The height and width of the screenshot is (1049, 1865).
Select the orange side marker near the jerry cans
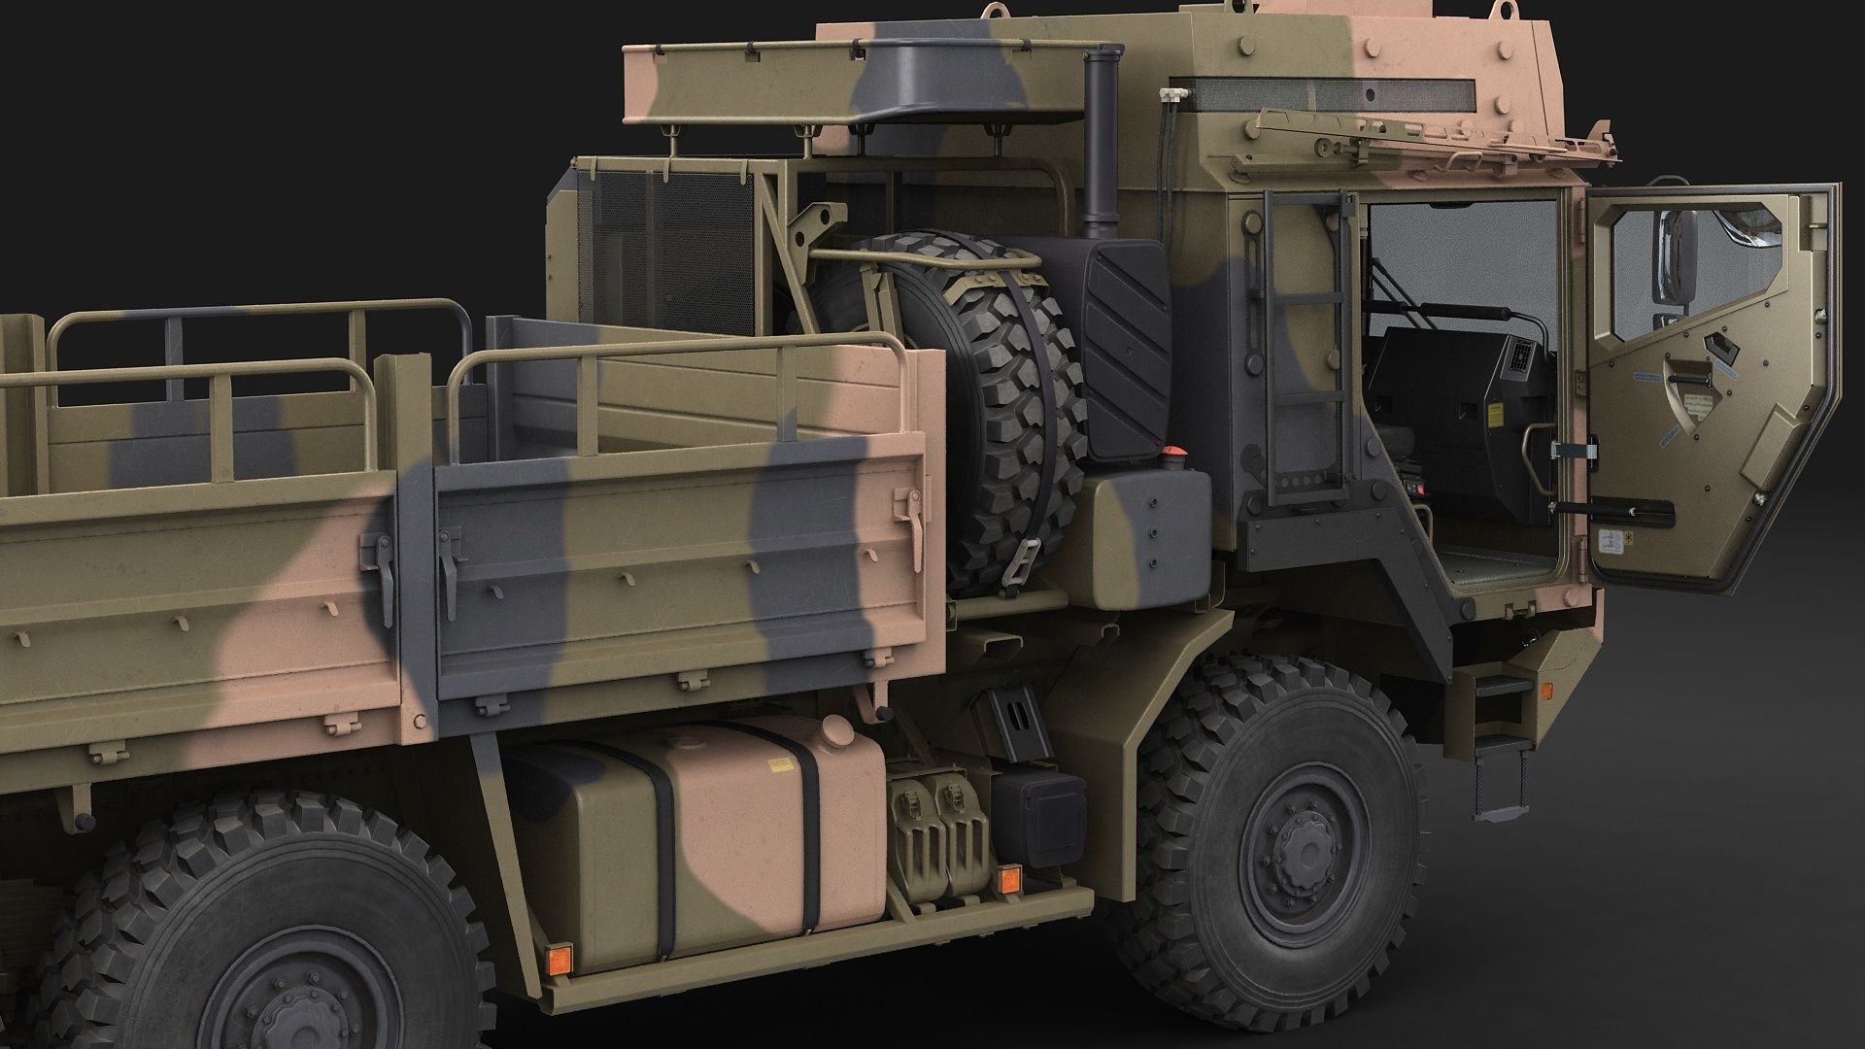[1007, 879]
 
